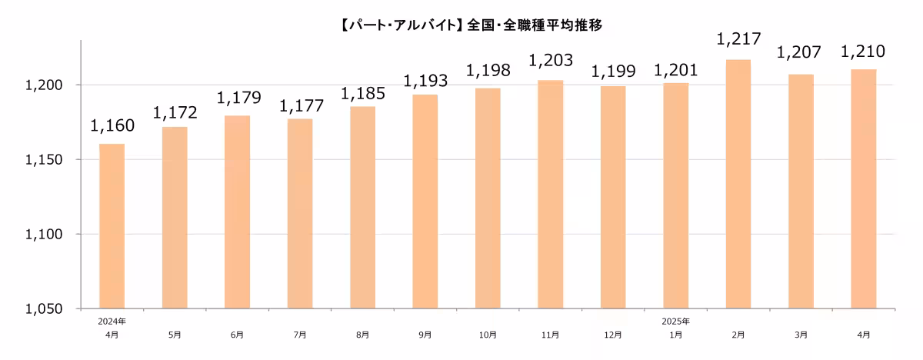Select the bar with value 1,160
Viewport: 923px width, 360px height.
(x=112, y=226)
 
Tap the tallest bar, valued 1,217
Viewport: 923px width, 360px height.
(x=738, y=184)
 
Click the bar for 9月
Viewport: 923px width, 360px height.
(x=425, y=202)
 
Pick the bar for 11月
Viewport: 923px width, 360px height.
(x=551, y=194)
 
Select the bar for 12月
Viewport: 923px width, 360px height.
(x=613, y=197)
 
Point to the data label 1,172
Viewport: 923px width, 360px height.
(x=175, y=113)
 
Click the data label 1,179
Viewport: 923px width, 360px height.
(x=238, y=98)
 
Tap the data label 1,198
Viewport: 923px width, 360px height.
(x=488, y=72)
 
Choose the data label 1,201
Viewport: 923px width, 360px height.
(x=675, y=71)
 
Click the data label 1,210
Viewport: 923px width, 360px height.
(x=863, y=52)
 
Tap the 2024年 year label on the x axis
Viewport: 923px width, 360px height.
(x=112, y=321)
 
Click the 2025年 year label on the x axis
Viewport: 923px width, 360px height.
(x=675, y=321)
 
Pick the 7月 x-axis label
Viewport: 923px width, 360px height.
(x=300, y=335)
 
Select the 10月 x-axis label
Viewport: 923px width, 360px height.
(x=488, y=335)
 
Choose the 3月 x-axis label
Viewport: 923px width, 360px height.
(x=801, y=335)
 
